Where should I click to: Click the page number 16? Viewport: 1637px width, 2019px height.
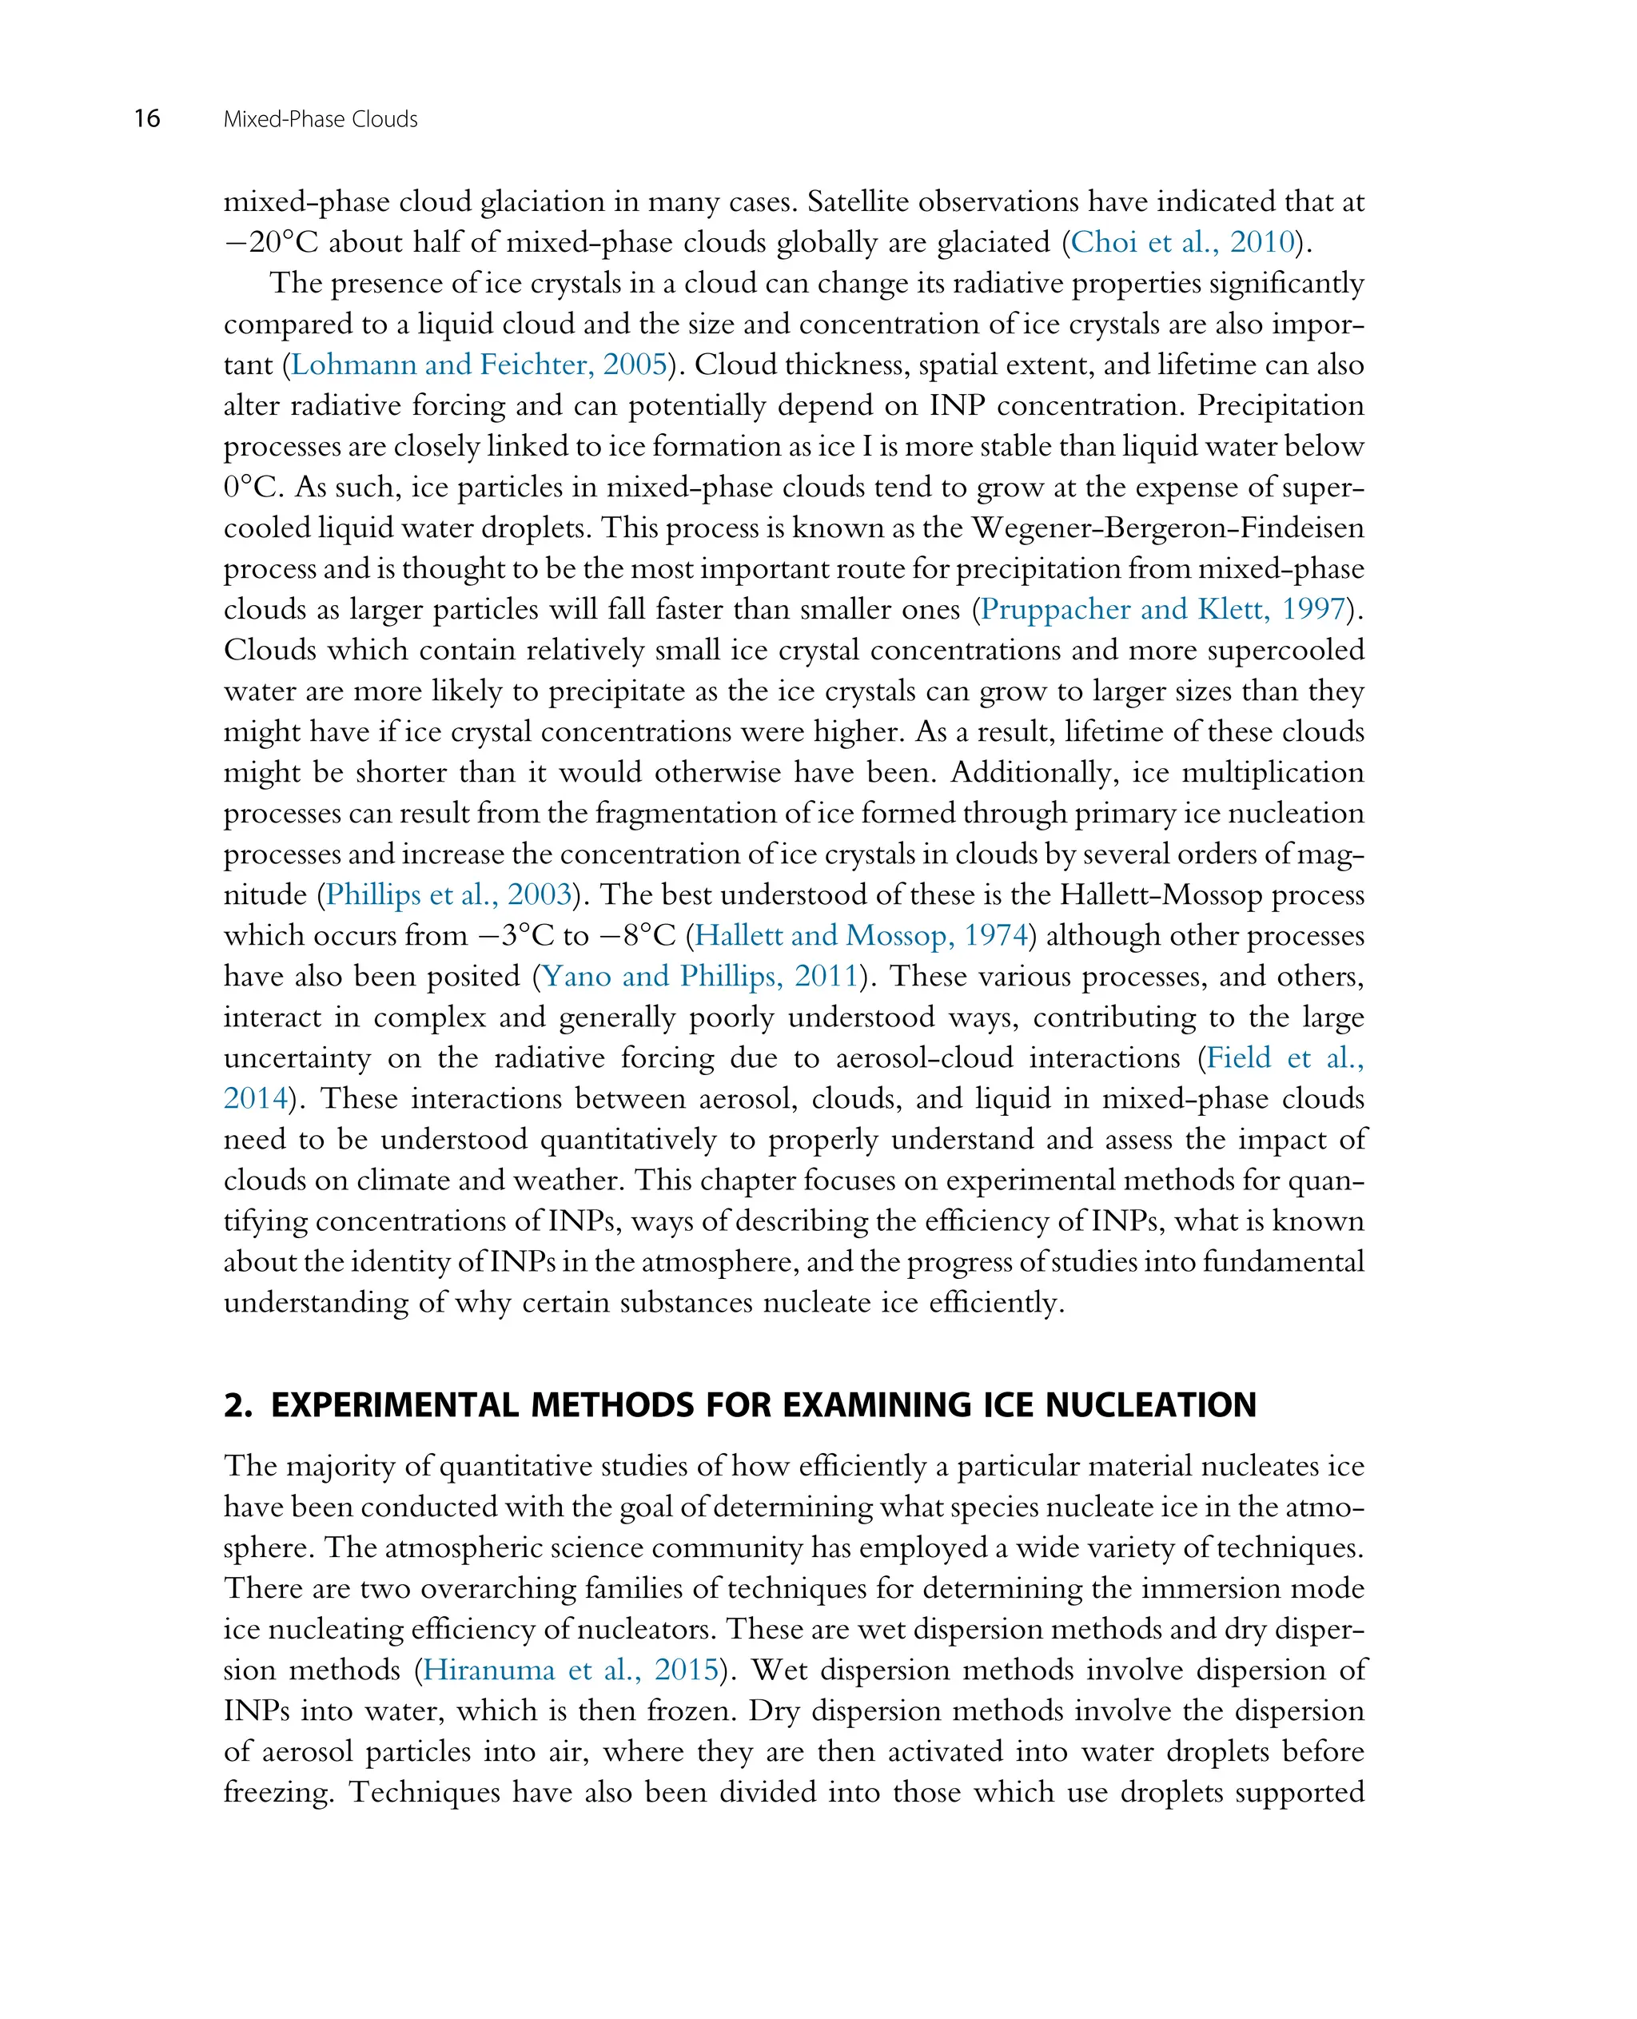147,119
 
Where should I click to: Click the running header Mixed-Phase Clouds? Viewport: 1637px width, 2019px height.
320,120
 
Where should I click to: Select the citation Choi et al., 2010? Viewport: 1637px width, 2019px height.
1182,242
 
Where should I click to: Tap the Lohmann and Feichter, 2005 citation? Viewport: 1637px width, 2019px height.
478,365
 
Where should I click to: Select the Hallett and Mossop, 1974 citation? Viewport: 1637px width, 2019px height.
860,935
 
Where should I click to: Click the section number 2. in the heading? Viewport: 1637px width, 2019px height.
237,1405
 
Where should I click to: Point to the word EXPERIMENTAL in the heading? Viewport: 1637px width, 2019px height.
394,1405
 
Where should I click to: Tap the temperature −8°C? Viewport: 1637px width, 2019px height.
640,935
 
